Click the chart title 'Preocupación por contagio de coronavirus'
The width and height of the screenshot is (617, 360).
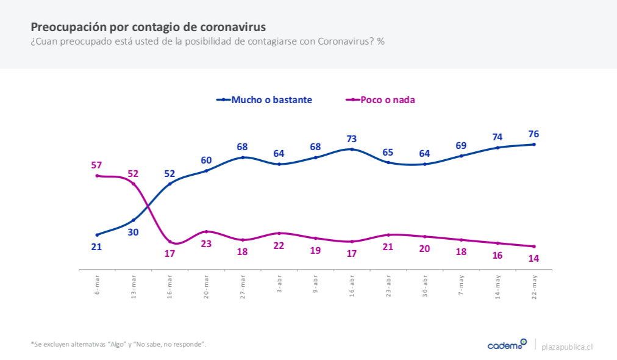148,27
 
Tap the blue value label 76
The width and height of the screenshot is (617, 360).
533,134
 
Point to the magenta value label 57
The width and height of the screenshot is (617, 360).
96,165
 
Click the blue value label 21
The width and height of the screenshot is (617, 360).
96,247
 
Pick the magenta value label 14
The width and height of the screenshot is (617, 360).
533,258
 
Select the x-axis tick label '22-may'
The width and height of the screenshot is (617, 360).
534,286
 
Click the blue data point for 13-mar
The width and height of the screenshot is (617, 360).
134,220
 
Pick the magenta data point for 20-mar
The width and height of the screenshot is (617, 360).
206,231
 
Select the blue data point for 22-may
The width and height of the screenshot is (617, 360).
534,144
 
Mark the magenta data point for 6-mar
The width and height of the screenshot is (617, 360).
97,176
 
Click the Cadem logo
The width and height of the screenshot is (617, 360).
507,345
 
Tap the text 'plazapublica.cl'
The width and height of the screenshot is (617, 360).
567,346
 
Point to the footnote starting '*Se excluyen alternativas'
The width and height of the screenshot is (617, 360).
118,344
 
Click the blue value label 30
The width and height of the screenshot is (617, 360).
133,232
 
